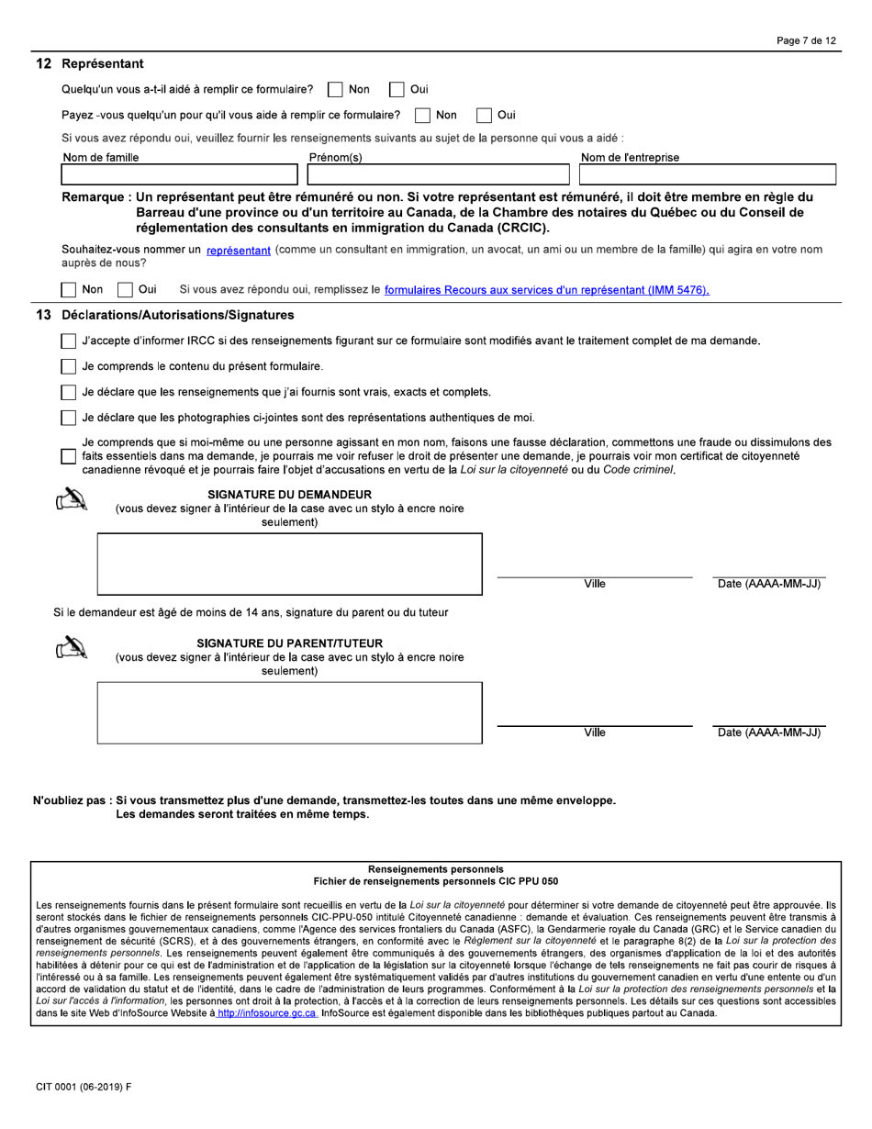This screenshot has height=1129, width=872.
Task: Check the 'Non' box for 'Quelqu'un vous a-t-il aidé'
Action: (335, 90)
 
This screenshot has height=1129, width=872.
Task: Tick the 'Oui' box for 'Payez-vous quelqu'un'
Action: (483, 116)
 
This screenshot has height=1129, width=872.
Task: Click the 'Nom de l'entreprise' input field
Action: (707, 174)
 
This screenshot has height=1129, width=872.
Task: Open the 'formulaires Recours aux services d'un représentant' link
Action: (547, 291)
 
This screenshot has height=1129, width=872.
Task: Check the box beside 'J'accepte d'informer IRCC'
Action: (69, 341)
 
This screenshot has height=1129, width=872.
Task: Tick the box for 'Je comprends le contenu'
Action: (69, 367)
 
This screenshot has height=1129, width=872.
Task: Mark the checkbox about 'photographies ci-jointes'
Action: (69, 419)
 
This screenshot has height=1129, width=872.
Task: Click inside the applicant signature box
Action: (289, 564)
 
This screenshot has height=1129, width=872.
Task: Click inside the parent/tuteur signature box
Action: (289, 712)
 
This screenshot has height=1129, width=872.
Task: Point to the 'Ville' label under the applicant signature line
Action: (595, 584)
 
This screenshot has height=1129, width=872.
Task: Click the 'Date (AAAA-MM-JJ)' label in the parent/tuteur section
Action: (767, 732)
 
